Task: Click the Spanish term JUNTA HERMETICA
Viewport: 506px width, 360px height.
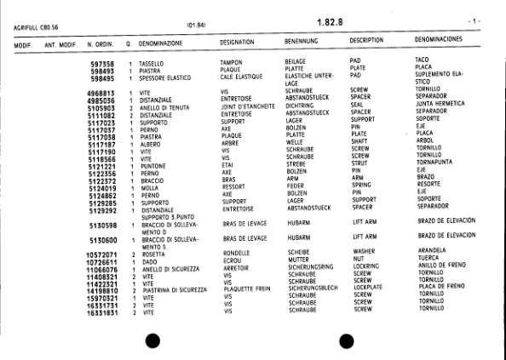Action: [443, 105]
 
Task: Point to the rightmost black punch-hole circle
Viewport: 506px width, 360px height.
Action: [344, 340]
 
